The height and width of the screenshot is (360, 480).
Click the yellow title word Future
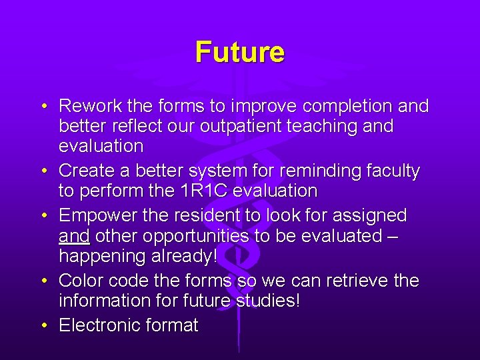[240, 52]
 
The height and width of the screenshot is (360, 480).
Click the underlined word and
[74, 236]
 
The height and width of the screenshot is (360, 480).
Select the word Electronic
[99, 325]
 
